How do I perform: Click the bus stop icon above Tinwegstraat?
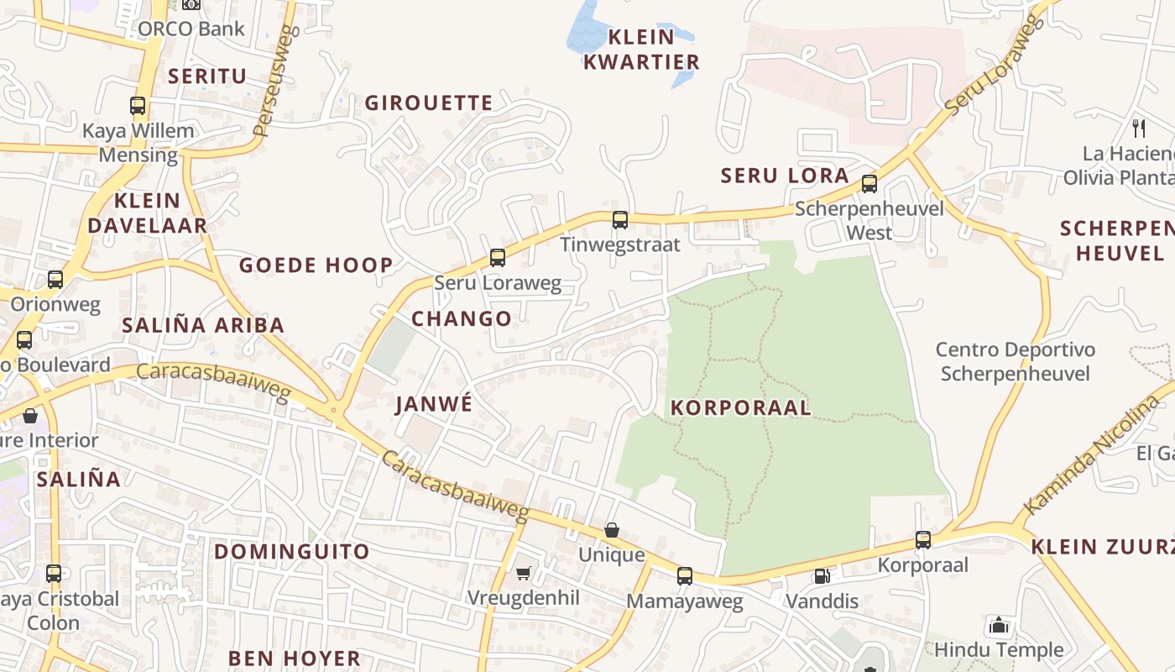pos(620,220)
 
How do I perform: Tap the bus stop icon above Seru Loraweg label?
pos(498,258)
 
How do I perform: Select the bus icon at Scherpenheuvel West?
pos(869,184)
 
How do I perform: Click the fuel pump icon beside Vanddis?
pos(822,576)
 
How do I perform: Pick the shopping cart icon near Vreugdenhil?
pos(524,573)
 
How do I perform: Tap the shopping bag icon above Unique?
pos(612,531)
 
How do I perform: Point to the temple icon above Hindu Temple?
pos(999,625)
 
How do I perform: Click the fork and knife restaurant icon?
pos(1139,128)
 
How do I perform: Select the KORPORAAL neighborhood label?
pos(740,408)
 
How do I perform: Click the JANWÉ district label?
pos(434,404)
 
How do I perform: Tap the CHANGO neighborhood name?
pos(462,319)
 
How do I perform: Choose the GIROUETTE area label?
pos(429,103)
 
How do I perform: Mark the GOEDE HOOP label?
pos(316,266)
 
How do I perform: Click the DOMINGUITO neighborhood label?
pos(291,552)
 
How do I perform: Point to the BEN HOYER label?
pos(295,658)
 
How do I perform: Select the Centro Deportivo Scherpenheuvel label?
pos(1016,362)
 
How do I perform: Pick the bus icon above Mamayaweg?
pos(685,576)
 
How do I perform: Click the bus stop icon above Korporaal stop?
pos(923,540)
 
